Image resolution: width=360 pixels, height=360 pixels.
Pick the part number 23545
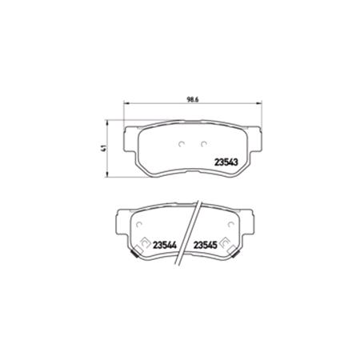(206, 246)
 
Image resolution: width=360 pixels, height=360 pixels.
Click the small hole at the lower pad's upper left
(138, 219)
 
